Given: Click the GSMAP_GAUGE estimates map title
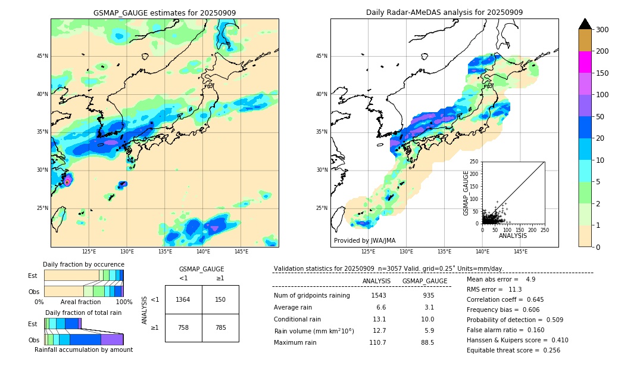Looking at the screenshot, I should coord(164,13).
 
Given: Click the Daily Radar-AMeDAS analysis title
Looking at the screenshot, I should coord(444,13).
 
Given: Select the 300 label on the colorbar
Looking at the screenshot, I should coord(602,30).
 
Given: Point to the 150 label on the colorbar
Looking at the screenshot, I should coord(602,73).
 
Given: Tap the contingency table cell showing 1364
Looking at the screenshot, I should coord(183,299).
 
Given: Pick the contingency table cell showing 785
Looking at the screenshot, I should coord(220,327).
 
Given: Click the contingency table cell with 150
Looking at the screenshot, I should coord(220,299).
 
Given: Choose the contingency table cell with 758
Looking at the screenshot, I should coord(183,327).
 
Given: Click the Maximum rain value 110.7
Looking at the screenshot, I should coord(377,343).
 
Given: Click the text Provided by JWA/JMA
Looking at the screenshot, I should coord(364,241).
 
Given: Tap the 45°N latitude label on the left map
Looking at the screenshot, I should coord(42,57).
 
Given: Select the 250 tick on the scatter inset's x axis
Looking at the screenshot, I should coord(545,229).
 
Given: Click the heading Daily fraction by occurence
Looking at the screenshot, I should coord(83,264).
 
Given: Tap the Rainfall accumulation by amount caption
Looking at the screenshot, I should coord(83,350).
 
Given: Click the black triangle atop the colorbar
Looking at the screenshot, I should coord(585,24).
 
